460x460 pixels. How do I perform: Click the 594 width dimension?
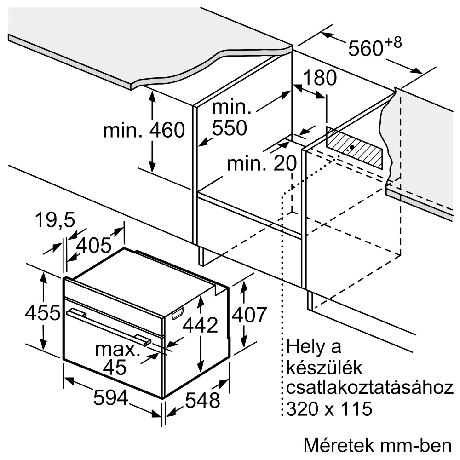pyautogui.click(x=110, y=397)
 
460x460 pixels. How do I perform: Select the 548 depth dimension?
pyautogui.click(x=202, y=400)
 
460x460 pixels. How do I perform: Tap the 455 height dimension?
pyautogui.click(x=42, y=313)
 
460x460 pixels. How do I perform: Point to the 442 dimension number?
pyautogui.click(x=201, y=325)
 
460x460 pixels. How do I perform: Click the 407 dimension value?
pyautogui.click(x=249, y=315)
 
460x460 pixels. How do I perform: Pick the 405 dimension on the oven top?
pyautogui.click(x=93, y=245)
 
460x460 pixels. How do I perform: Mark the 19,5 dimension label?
pyautogui.click(x=55, y=220)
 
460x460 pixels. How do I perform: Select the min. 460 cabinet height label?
pyautogui.click(x=144, y=130)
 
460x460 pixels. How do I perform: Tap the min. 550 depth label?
pyautogui.click(x=231, y=118)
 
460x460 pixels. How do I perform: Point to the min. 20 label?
pyautogui.click(x=262, y=163)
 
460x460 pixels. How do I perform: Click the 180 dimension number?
pyautogui.click(x=320, y=78)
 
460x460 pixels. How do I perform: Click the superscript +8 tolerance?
pyautogui.click(x=393, y=43)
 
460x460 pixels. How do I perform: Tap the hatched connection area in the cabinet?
pyautogui.click(x=354, y=148)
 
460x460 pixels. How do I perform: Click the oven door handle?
pyautogui.click(x=109, y=326)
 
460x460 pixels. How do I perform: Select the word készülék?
pyautogui.click(x=324, y=368)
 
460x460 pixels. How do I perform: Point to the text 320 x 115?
pyautogui.click(x=329, y=408)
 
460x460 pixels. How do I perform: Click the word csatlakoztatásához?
pyautogui.click(x=370, y=388)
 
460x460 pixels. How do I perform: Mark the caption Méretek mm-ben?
pyautogui.click(x=378, y=445)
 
